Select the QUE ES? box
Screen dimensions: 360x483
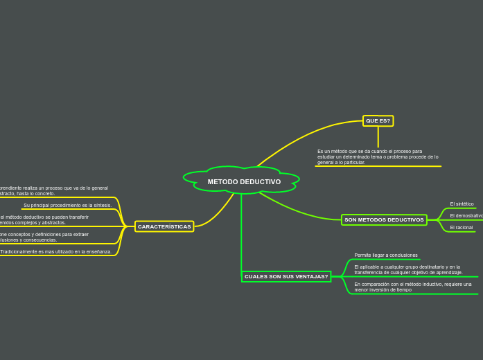(x=378, y=121)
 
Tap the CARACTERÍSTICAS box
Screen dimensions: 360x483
(x=164, y=226)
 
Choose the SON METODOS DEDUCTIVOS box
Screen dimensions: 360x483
(x=384, y=219)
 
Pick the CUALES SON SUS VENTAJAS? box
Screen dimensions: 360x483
(x=286, y=276)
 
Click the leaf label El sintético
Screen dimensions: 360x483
(x=462, y=204)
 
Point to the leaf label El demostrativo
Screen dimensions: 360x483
(x=466, y=216)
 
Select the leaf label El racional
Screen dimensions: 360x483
(x=461, y=227)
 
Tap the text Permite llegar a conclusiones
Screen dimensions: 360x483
(x=386, y=255)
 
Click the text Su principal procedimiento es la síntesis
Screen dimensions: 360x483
(x=67, y=206)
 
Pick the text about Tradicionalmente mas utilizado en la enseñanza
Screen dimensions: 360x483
(x=55, y=252)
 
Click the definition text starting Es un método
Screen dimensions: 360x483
(x=378, y=156)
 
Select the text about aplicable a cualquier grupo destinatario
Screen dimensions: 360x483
(x=408, y=270)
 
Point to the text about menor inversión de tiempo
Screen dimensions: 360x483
(x=412, y=287)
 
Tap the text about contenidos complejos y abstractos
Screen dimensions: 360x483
(x=44, y=219)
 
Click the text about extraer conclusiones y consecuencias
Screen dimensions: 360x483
(x=44, y=237)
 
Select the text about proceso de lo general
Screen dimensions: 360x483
(x=53, y=190)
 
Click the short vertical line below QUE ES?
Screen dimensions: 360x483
(x=378, y=136)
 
